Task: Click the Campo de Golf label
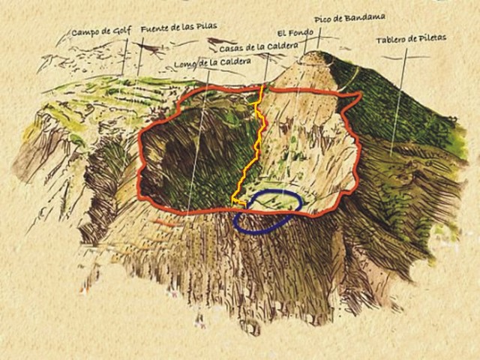pos(102,32)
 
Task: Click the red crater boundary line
pos(140,150)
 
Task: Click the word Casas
pos(232,48)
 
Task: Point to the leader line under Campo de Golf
pos(124,58)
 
